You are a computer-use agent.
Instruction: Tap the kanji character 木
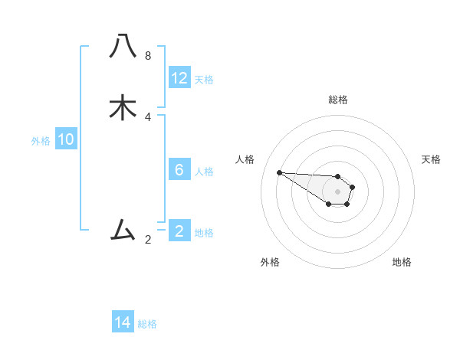(x=123, y=108)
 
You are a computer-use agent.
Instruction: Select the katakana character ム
(x=123, y=229)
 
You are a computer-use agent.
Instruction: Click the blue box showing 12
(x=179, y=78)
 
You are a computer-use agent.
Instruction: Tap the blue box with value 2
(x=179, y=231)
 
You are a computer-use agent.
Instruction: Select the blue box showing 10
(x=66, y=139)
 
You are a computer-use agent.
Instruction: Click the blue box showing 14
(x=123, y=322)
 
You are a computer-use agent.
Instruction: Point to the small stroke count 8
(x=148, y=56)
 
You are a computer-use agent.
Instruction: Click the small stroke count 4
(x=148, y=117)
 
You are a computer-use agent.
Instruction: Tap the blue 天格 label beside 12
(x=204, y=80)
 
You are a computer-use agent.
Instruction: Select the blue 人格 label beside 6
(x=204, y=171)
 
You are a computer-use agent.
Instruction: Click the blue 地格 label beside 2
(x=204, y=232)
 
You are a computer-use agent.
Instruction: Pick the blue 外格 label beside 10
(x=41, y=141)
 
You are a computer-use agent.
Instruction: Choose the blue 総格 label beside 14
(x=147, y=324)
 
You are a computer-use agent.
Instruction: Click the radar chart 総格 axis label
(x=338, y=100)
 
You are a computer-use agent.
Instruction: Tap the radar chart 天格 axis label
(x=431, y=159)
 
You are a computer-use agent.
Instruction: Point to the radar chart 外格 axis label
(x=270, y=262)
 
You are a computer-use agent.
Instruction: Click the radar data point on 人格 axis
(x=279, y=172)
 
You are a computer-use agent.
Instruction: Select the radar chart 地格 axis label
(x=402, y=262)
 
